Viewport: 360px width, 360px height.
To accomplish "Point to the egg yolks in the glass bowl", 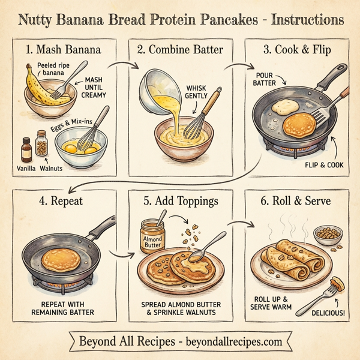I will [78, 146].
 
